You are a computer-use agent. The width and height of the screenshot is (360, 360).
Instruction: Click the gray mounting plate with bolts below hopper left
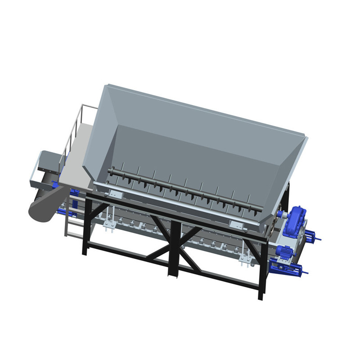[117, 194]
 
